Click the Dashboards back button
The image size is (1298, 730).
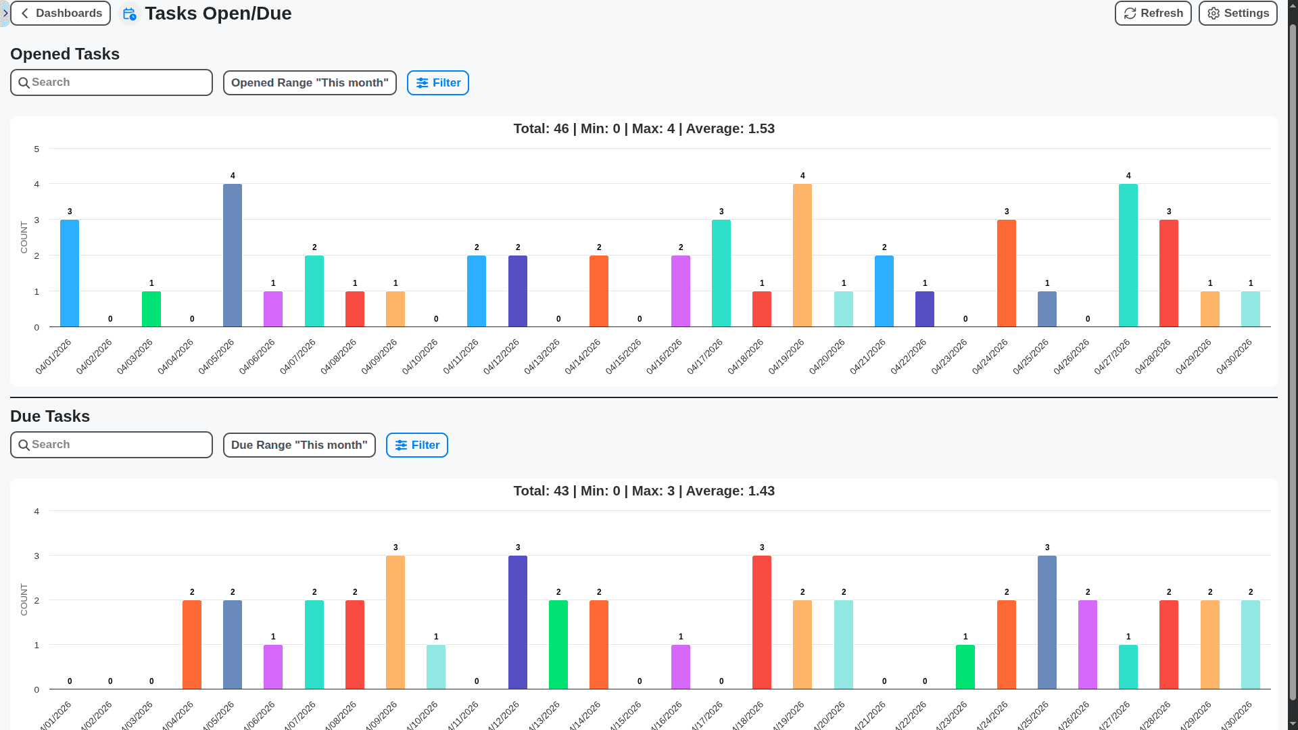click(60, 14)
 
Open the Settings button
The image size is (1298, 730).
click(1237, 14)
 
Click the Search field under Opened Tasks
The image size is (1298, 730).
click(112, 82)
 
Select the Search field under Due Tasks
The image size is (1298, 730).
click(112, 445)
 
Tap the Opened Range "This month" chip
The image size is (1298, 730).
click(310, 82)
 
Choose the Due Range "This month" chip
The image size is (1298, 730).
click(299, 445)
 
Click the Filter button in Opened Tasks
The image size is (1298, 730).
click(437, 82)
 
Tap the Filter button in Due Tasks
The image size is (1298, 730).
click(416, 445)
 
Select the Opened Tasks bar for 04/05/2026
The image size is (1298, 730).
click(233, 255)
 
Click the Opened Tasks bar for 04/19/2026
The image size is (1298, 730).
click(802, 255)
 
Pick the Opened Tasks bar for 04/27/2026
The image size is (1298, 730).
click(1128, 255)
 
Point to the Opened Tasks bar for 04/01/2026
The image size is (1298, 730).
click(70, 273)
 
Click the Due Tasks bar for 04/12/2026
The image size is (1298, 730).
click(518, 622)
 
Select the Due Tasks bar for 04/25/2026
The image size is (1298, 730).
click(1047, 622)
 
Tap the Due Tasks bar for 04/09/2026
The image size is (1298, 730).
click(395, 622)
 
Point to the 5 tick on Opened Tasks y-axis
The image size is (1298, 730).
click(37, 149)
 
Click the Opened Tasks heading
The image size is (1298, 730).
click(65, 54)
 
